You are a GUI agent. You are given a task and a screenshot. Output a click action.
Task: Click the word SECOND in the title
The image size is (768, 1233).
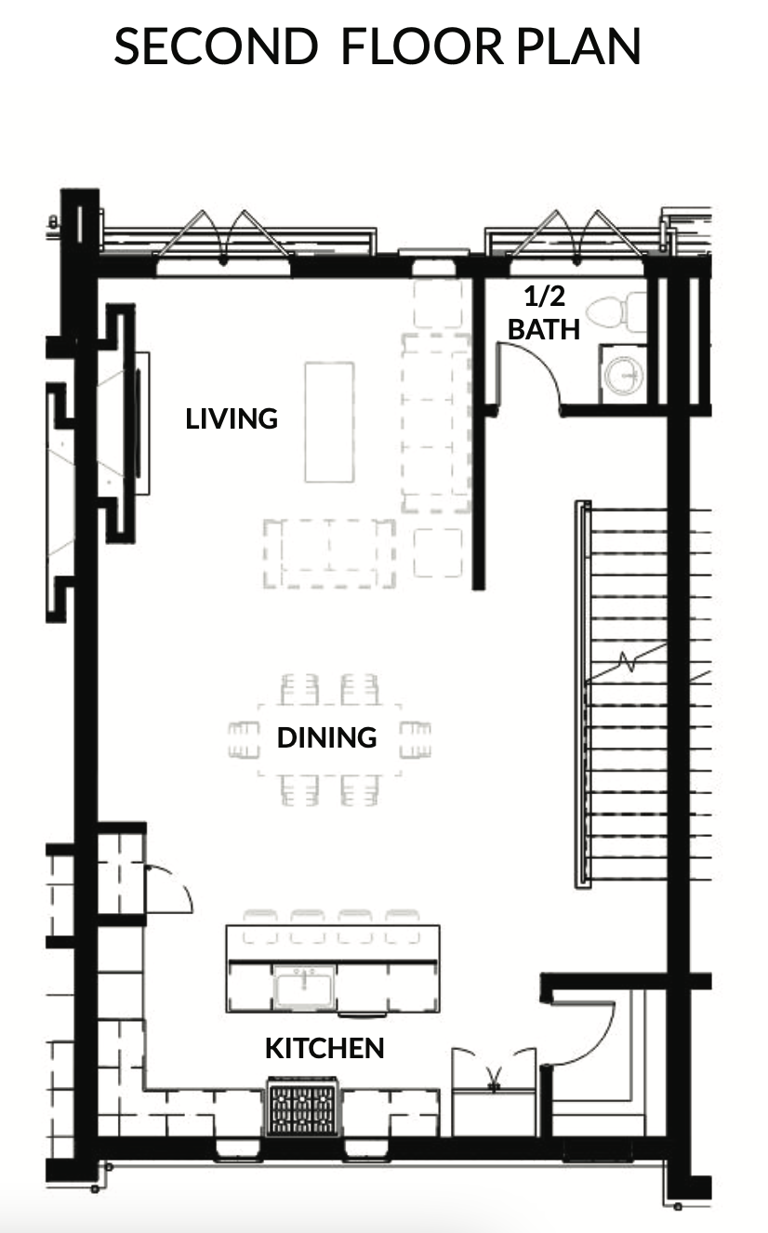(x=216, y=46)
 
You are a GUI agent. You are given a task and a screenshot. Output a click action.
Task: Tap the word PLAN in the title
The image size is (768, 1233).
(x=578, y=46)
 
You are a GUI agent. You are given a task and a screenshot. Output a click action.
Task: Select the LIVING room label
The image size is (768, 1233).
(x=232, y=418)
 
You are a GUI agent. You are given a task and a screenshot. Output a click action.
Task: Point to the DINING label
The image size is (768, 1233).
(x=326, y=737)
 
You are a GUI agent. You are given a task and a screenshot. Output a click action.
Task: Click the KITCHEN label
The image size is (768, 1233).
(x=324, y=1048)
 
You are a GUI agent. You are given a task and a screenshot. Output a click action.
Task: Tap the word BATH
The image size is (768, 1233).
(x=543, y=330)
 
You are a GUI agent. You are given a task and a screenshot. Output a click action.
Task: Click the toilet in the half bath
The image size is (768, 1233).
(x=616, y=312)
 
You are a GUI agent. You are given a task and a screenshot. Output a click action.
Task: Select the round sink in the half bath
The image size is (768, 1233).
(x=624, y=375)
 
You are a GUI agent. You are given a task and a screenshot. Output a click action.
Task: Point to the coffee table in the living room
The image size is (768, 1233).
(x=329, y=422)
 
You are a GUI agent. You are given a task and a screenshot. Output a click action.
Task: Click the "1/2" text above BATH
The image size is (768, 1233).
(x=544, y=297)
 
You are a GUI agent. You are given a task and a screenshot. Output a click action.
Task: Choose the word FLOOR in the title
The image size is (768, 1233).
(x=422, y=46)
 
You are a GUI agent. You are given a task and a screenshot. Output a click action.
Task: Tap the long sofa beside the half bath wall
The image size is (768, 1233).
(x=436, y=423)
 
